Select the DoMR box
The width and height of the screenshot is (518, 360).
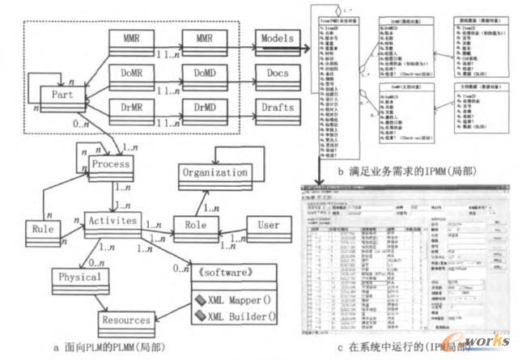pyautogui.click(x=129, y=73)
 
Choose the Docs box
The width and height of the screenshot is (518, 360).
pyautogui.click(x=278, y=73)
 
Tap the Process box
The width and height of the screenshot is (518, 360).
pyautogui.click(x=110, y=163)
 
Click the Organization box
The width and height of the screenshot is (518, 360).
pyautogui.click(x=214, y=172)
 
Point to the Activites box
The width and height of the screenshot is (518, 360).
pyautogui.click(x=112, y=219)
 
